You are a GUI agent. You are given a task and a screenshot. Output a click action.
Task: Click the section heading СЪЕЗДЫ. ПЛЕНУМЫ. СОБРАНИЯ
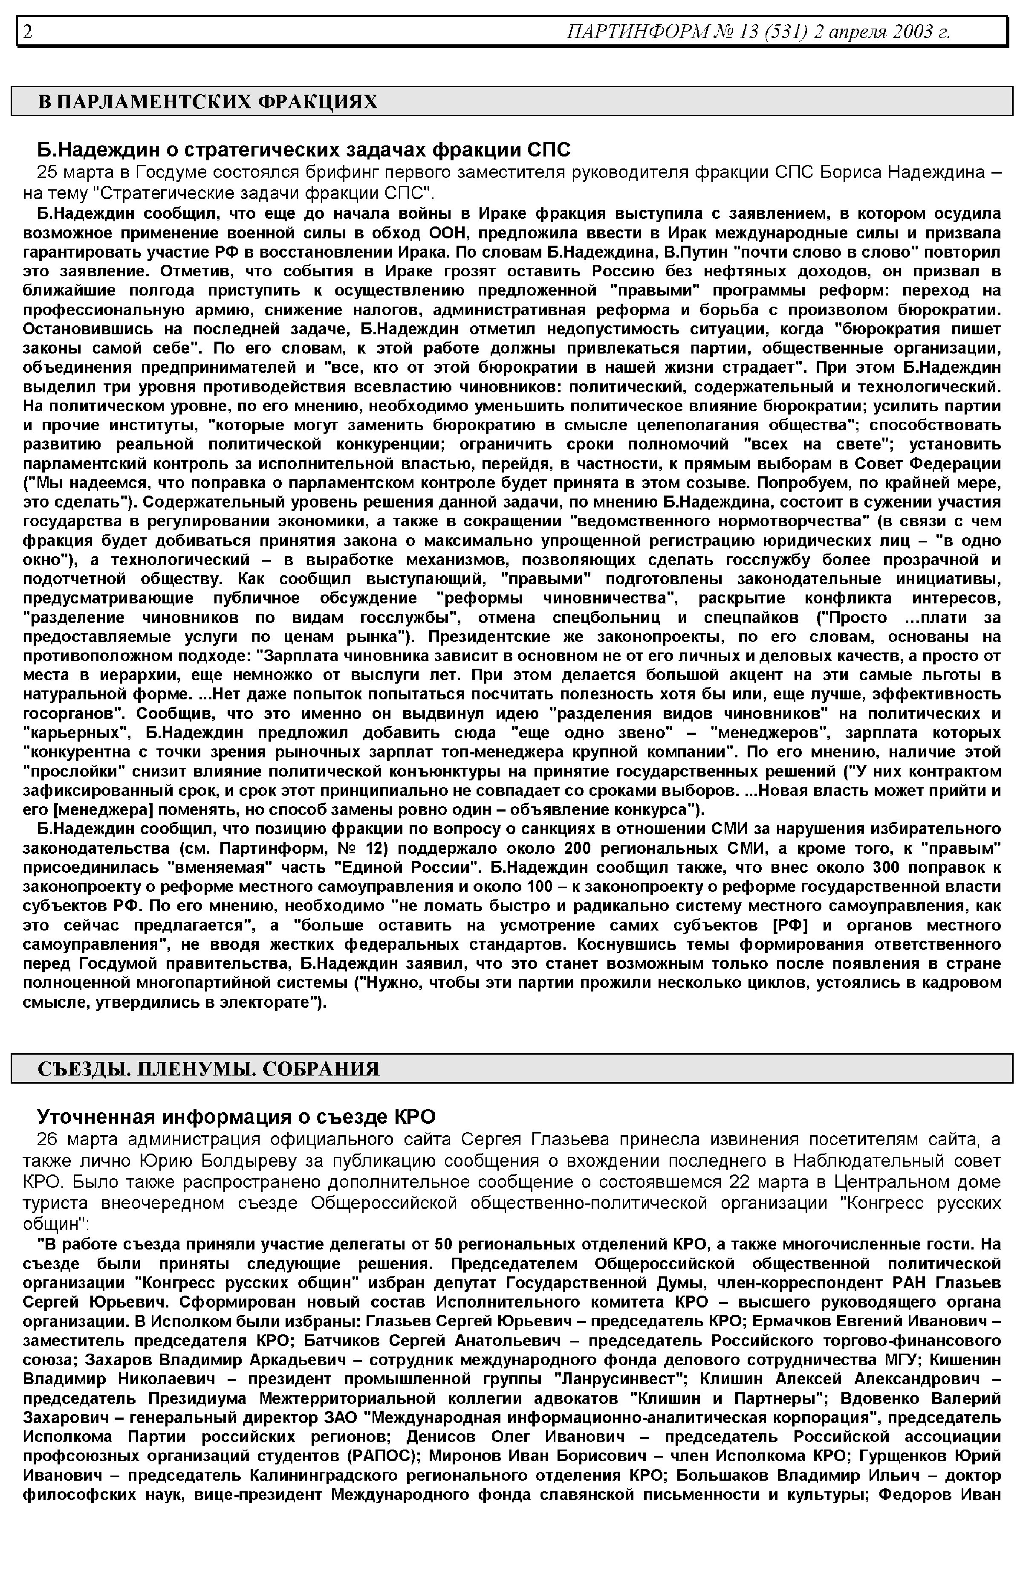point(208,1069)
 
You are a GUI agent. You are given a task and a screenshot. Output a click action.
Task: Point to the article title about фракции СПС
point(303,150)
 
